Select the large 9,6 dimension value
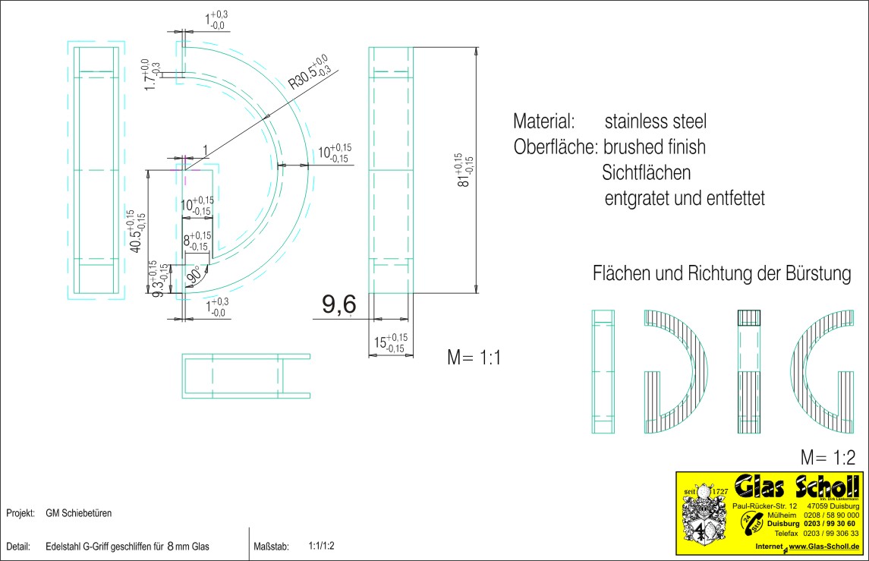(x=338, y=305)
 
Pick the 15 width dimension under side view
(x=390, y=343)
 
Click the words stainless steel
(x=656, y=121)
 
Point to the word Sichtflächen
(x=646, y=173)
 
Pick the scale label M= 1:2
(x=828, y=458)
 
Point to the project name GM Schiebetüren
(x=79, y=513)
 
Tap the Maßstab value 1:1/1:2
(x=322, y=546)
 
